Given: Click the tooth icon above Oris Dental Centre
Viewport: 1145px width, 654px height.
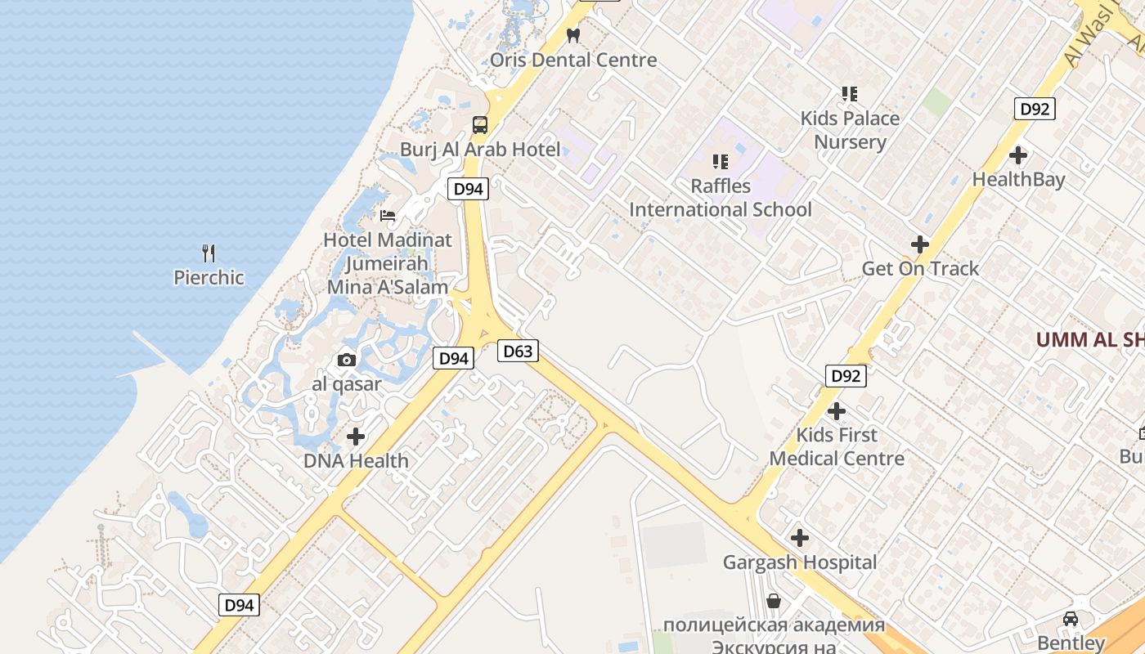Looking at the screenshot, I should (x=573, y=35).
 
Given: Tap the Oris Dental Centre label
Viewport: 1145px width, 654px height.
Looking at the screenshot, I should (x=573, y=60).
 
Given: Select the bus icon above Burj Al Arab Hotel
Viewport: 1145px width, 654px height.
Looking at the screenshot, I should (x=480, y=125).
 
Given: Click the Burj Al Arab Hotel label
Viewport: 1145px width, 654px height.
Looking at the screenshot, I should (x=480, y=150).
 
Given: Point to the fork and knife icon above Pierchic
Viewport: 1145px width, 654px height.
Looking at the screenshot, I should (x=209, y=253).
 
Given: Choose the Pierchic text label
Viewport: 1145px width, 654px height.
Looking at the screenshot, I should (x=209, y=278).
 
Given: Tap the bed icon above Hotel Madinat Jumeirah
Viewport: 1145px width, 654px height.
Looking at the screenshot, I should (x=388, y=216).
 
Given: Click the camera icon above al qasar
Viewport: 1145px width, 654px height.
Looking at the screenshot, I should (x=347, y=360).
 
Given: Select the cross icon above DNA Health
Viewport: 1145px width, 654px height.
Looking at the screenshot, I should (x=356, y=437).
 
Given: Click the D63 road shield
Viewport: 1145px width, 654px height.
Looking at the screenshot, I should (x=518, y=352).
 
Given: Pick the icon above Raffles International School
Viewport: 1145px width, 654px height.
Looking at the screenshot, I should (x=720, y=162).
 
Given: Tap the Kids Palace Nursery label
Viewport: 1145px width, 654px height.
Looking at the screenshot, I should (x=850, y=130).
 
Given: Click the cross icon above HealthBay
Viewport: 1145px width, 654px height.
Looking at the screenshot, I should (x=1018, y=155).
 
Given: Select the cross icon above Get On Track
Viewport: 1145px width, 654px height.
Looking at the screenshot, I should (x=920, y=244).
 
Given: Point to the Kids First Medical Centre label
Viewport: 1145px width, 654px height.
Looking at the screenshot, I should (x=837, y=446).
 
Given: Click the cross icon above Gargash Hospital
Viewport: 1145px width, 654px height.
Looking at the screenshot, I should (x=800, y=538).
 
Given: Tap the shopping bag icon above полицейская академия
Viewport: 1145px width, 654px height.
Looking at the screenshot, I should (x=774, y=602).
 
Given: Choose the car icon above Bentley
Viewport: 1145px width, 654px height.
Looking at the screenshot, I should (x=1071, y=619).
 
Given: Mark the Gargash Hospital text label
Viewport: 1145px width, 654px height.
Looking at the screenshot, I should (x=800, y=562).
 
